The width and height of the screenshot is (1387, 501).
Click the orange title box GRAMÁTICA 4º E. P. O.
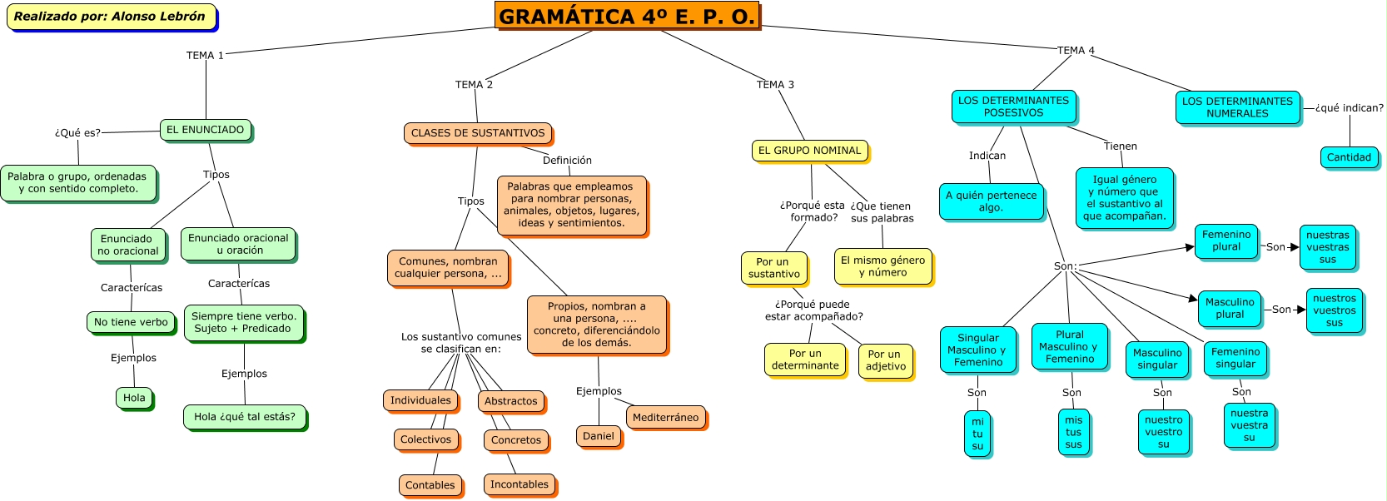(x=627, y=16)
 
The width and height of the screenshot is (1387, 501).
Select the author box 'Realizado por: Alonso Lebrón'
(x=110, y=17)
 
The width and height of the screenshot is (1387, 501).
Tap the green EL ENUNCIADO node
(x=205, y=130)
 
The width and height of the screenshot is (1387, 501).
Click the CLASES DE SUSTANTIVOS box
(x=478, y=133)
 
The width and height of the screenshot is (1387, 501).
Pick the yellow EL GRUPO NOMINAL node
(x=809, y=151)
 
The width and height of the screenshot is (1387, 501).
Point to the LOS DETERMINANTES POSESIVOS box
(x=1013, y=107)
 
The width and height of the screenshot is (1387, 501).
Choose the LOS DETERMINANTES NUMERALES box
(x=1237, y=107)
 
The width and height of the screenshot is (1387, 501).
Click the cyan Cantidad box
(x=1349, y=157)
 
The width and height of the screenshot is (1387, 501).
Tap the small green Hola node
(x=134, y=398)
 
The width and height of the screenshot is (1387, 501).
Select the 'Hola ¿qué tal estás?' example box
(x=245, y=417)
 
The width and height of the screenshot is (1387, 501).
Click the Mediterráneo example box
(x=665, y=418)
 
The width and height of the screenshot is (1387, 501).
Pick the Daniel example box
(x=599, y=436)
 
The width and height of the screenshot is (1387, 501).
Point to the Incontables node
(x=520, y=484)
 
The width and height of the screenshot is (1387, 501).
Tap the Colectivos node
(x=425, y=439)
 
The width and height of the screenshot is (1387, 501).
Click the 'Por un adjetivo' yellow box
(x=885, y=360)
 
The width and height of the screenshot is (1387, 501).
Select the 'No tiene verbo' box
(x=131, y=322)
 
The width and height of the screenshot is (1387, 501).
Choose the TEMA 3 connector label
(x=775, y=85)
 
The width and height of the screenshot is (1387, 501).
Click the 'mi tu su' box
(x=977, y=434)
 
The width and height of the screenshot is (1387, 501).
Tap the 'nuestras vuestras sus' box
(x=1327, y=247)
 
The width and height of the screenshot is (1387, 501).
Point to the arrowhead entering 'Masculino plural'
(x=1193, y=298)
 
